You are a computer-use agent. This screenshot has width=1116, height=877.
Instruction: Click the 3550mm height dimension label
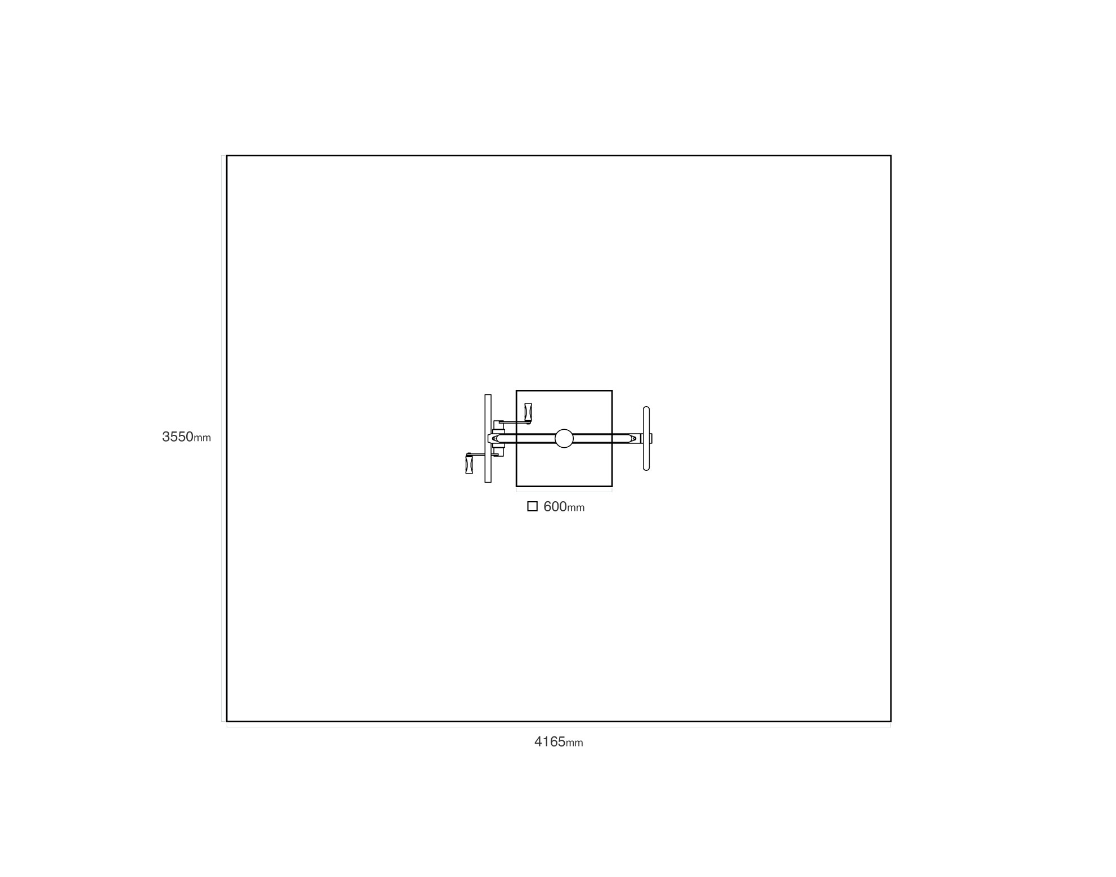(186, 437)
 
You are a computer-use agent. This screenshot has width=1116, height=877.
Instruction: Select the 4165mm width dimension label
(559, 741)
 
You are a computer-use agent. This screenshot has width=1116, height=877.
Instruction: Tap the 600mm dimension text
(564, 507)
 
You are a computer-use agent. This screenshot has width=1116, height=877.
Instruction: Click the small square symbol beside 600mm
(532, 506)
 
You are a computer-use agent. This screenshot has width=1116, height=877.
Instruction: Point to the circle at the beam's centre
(564, 438)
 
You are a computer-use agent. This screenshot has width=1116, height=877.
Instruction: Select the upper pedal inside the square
(528, 413)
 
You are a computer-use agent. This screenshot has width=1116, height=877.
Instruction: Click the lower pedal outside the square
(469, 464)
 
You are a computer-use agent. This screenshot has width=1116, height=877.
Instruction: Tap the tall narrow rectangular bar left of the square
(488, 438)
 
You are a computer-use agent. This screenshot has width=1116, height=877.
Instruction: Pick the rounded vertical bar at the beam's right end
(646, 438)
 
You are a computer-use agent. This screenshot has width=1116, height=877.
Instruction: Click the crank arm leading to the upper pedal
(512, 422)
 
